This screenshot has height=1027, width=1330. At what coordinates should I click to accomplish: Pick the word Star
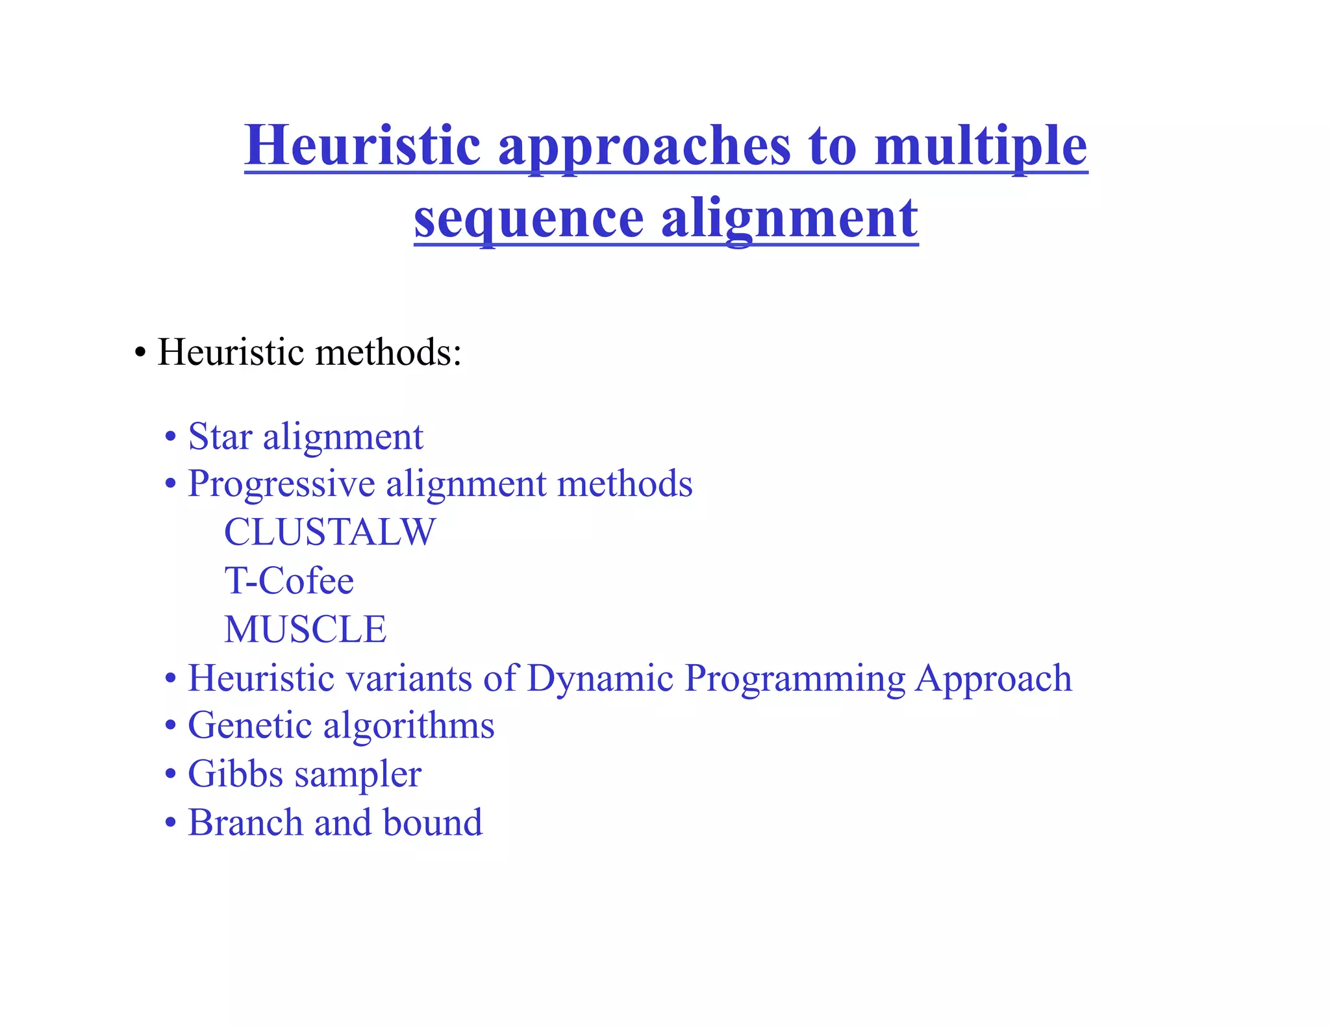point(220,436)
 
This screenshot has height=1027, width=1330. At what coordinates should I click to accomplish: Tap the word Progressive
point(281,485)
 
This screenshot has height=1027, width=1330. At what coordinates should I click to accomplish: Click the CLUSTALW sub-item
point(330,532)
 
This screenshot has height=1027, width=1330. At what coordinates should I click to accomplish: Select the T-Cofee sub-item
point(289,580)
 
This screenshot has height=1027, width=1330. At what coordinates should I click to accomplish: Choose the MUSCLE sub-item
point(305,629)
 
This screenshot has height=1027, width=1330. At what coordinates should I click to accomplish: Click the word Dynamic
point(600,678)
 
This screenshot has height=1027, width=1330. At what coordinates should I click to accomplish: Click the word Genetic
point(249,726)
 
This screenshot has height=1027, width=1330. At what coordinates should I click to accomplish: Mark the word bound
point(433,823)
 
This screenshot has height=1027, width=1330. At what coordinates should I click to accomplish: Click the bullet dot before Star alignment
point(171,437)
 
